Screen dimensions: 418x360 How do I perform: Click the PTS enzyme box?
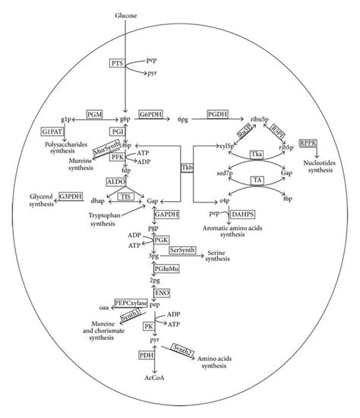[x=117, y=63]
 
